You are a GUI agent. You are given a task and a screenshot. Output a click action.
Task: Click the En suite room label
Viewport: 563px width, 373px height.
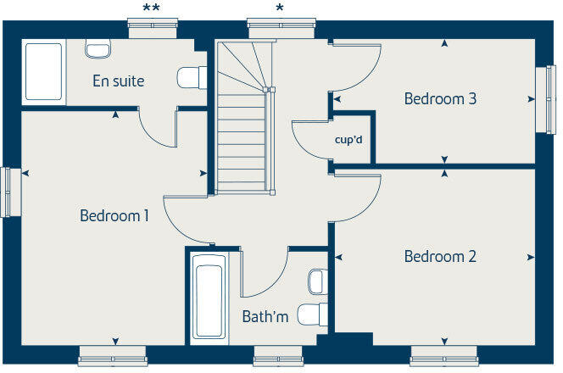pyautogui.click(x=119, y=81)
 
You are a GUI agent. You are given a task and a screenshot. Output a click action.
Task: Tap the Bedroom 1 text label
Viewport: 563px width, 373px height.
pyautogui.click(x=114, y=216)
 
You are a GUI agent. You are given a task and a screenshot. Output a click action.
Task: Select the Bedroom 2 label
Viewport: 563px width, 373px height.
pyautogui.click(x=440, y=256)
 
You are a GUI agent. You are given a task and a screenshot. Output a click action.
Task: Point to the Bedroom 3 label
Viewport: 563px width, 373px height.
pyautogui.click(x=440, y=98)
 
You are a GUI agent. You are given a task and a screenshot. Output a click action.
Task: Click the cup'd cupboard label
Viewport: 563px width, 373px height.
pyautogui.click(x=348, y=138)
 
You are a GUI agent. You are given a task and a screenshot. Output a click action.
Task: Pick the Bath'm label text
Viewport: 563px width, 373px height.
pyautogui.click(x=265, y=317)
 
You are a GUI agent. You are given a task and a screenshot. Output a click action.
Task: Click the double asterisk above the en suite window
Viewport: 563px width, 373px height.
pyautogui.click(x=151, y=8)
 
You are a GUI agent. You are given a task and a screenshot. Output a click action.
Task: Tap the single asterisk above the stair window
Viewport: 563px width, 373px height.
pyautogui.click(x=279, y=8)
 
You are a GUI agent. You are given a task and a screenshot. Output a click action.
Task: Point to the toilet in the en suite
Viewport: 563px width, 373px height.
pyautogui.click(x=192, y=78)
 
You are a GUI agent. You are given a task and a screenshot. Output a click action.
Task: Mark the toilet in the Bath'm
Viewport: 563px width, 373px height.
pyautogui.click(x=314, y=315)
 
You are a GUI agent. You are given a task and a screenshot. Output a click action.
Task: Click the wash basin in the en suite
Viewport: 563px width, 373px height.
pyautogui.click(x=98, y=48)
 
